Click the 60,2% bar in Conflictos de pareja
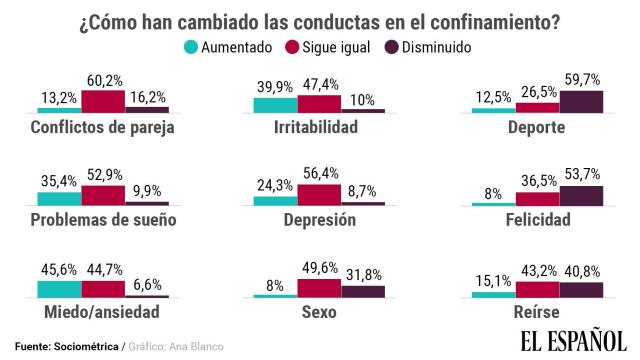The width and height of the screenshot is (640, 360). click(103, 100)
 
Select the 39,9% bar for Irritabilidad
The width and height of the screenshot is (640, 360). click(275, 104)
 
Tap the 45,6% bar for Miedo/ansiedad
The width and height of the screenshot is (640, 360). click(59, 288)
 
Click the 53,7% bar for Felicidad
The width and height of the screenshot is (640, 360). click(581, 195)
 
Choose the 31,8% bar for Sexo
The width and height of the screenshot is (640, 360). click(363, 291)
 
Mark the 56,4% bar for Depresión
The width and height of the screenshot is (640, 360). click(320, 195)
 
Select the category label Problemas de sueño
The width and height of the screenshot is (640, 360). click(104, 220)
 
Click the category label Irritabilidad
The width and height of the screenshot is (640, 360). click(320, 128)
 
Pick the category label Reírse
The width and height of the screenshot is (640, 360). click(537, 313)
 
